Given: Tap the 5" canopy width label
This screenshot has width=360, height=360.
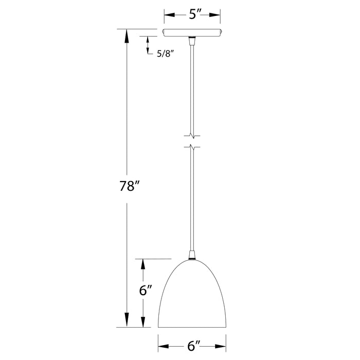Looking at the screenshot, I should click(x=194, y=14).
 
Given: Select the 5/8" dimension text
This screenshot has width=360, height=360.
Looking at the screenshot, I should click(x=166, y=53).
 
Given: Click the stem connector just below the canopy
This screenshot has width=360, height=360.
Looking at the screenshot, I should click(x=193, y=39).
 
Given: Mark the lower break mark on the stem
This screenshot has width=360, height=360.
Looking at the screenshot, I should click(x=192, y=147).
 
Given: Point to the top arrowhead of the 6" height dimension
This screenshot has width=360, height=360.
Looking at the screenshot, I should click(x=143, y=262).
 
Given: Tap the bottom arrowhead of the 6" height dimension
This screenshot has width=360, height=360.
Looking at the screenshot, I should click(x=143, y=323).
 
